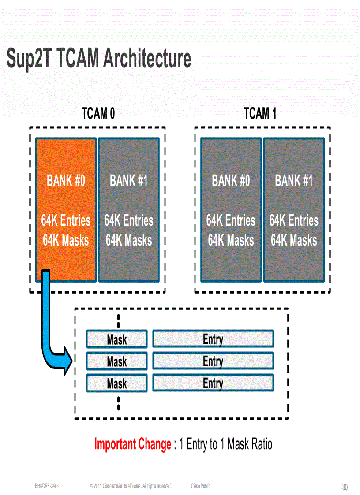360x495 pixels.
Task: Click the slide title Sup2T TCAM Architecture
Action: pos(99,59)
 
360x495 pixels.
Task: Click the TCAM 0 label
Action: pos(98,114)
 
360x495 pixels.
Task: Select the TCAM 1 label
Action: pos(260,114)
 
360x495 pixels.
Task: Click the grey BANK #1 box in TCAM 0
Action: pos(129,210)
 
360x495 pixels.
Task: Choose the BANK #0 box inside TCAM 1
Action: pos(231,210)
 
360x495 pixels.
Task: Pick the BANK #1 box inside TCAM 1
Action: pos(294,210)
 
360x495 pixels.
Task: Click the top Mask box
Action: pos(116,339)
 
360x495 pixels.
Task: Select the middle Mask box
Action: pos(116,361)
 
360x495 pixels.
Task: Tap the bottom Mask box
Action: pos(116,383)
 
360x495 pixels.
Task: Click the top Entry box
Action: pos(213,339)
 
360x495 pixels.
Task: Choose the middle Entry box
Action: pos(213,361)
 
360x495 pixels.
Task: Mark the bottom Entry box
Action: pos(213,383)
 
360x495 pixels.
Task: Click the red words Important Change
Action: pos(133,444)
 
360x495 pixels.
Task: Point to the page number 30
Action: pos(345,487)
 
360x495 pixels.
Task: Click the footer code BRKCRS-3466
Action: pos(47,486)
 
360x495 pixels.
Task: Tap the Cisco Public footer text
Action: pos(201,486)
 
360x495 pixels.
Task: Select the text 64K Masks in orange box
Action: pos(66,241)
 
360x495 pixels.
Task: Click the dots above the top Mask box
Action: pos(118,320)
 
